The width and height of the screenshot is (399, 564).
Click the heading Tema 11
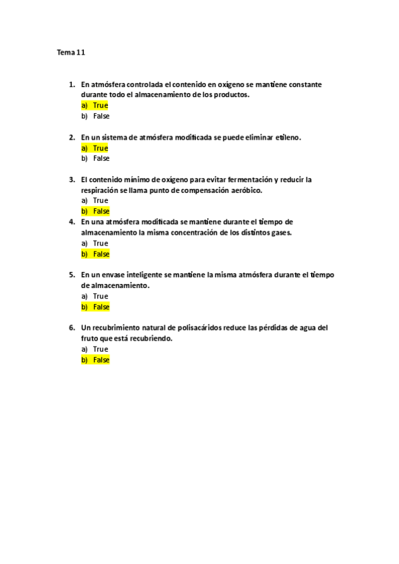tap(71, 52)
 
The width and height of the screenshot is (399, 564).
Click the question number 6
tap(71, 327)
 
